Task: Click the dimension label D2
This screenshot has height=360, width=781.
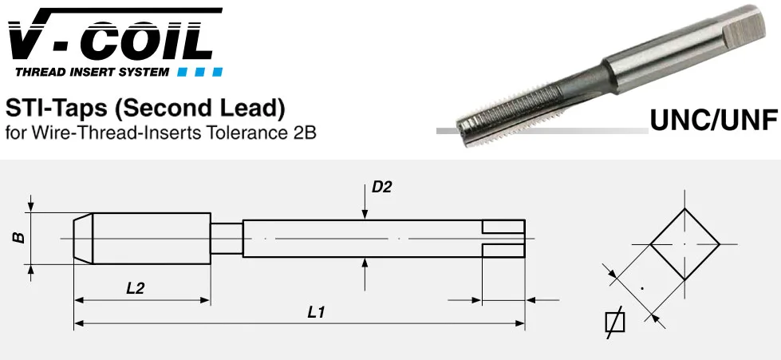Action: click(x=382, y=188)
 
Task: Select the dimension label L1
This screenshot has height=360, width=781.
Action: click(x=316, y=313)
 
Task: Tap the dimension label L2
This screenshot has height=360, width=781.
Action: click(x=135, y=288)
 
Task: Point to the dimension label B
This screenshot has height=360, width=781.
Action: click(x=19, y=237)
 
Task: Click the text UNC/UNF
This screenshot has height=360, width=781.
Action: click(x=714, y=121)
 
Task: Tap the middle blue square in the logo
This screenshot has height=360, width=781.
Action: click(x=199, y=73)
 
